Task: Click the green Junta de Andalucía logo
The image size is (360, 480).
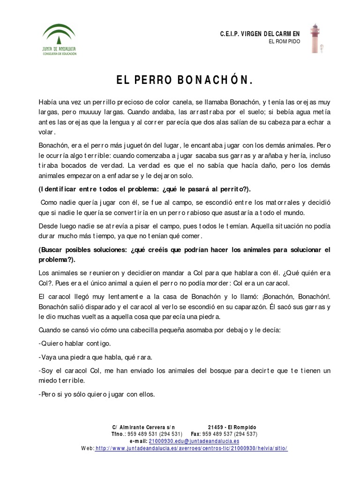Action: [59, 39]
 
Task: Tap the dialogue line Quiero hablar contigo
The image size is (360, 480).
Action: [75, 344]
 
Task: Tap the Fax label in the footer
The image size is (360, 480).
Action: [195, 434]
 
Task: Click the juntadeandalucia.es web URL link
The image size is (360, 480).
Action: [191, 449]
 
